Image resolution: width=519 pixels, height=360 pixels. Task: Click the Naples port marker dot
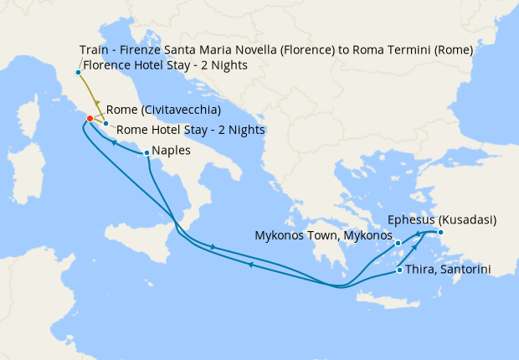click(147, 152)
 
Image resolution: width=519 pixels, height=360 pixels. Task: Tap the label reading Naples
click(171, 152)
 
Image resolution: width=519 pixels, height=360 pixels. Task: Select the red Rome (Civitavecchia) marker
click(90, 118)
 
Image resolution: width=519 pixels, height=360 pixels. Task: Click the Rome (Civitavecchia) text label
click(163, 111)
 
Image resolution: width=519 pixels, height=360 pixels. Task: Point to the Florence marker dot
click(79, 72)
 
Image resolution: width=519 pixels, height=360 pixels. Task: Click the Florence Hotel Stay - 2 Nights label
click(165, 65)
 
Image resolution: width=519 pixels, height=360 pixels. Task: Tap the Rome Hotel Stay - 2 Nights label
click(190, 130)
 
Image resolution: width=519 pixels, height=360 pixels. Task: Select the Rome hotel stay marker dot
click(105, 124)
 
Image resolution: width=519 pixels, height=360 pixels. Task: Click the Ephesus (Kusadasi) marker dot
click(440, 232)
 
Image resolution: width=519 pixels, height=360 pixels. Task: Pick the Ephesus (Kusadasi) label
click(443, 220)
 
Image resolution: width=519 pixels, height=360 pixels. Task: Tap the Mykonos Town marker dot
click(398, 244)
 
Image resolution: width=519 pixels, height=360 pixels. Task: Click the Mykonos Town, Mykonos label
click(323, 236)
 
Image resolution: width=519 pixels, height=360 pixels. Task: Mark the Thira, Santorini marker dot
click(399, 270)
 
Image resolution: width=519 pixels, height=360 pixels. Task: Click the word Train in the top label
click(95, 50)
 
